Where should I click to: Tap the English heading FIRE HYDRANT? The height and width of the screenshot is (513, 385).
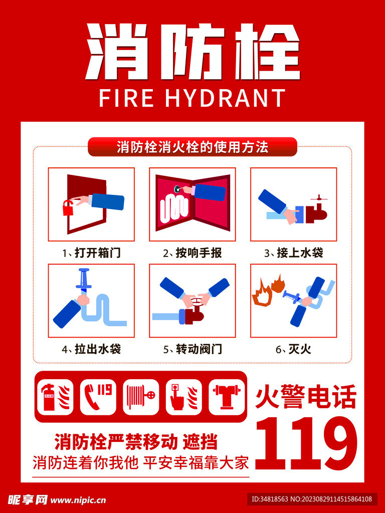(x=192, y=98)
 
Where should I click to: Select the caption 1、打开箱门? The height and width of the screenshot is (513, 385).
(x=91, y=253)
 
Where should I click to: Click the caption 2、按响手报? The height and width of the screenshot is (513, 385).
(x=192, y=253)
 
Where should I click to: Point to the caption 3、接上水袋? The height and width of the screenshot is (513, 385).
(x=294, y=253)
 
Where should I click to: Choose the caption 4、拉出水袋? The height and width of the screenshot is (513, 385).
(x=91, y=349)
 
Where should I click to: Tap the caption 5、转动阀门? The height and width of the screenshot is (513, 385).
(x=192, y=349)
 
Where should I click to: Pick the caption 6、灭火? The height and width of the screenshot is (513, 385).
(x=293, y=349)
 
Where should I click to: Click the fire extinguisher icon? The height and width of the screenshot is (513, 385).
(x=55, y=397)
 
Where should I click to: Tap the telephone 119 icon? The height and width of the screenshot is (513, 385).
(x=98, y=397)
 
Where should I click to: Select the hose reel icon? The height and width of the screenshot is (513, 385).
(x=141, y=397)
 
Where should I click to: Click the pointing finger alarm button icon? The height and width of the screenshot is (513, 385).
(x=183, y=397)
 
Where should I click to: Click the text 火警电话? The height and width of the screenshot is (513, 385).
(x=306, y=397)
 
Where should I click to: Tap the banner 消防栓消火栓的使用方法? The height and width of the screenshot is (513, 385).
(x=192, y=147)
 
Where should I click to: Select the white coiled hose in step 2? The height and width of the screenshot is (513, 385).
(x=174, y=206)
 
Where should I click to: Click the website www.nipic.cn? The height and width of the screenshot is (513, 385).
(x=79, y=500)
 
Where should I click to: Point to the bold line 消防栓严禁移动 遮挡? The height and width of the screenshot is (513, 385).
(x=136, y=442)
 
